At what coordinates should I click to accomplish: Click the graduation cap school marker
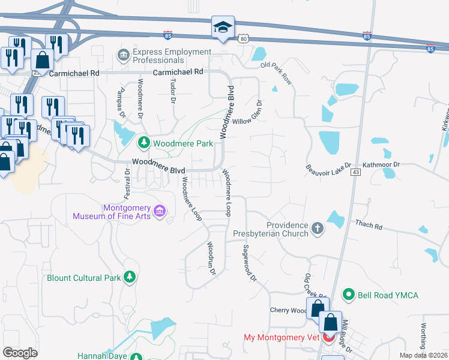point(223,28)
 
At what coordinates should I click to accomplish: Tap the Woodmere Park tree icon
point(144,143)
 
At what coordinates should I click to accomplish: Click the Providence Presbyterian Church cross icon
point(317,228)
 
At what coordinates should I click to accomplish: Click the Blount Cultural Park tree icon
point(128,277)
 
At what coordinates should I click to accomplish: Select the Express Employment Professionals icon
point(124,55)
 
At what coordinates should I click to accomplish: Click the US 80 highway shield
point(243,39)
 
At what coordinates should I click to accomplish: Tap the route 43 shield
point(357,173)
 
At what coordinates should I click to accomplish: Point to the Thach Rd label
point(369,226)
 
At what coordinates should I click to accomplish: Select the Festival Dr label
point(127,184)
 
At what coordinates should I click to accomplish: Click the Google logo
point(20,353)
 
